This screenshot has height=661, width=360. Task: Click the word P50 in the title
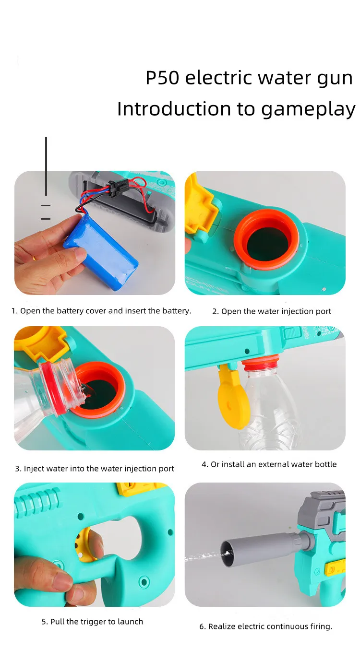pyautogui.click(x=162, y=78)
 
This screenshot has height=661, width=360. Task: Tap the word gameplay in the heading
pyautogui.click(x=308, y=109)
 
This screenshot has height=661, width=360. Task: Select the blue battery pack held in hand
pyautogui.click(x=101, y=252)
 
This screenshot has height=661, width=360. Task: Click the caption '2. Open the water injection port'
pyautogui.click(x=271, y=311)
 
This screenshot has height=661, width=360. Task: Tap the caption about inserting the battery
pyautogui.click(x=101, y=311)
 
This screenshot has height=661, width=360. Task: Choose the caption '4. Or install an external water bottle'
pyautogui.click(x=269, y=464)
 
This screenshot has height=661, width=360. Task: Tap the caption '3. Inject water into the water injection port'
pyautogui.click(x=95, y=469)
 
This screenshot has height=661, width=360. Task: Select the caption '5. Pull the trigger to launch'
pyautogui.click(x=92, y=622)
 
